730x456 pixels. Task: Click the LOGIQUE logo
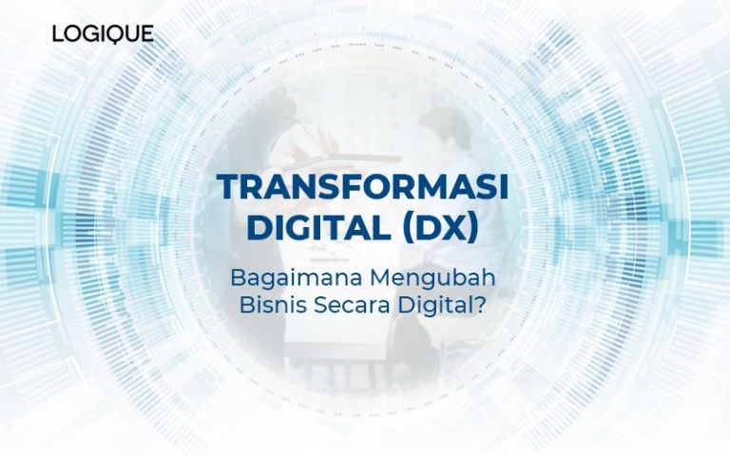[x=103, y=34]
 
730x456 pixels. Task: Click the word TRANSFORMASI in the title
[x=363, y=187]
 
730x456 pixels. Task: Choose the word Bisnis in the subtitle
[x=263, y=308]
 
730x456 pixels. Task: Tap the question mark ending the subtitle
[x=477, y=308]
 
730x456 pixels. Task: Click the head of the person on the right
[x=444, y=128]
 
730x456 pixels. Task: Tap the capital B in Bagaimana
[x=238, y=280]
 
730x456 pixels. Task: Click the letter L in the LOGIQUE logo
[x=58, y=34]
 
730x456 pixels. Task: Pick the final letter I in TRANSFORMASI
[x=503, y=187]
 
